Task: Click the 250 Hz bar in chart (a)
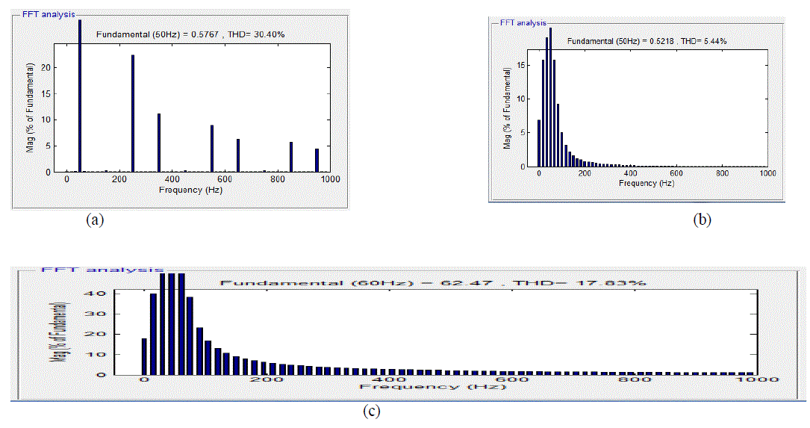133,113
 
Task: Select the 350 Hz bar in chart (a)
159,142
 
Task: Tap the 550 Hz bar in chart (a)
212,148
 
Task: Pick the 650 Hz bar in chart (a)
238,155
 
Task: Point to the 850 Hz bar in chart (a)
291,156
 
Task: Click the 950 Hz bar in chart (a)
317,160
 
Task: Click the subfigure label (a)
94,220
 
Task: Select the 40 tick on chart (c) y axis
128,294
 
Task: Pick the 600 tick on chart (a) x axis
225,179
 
